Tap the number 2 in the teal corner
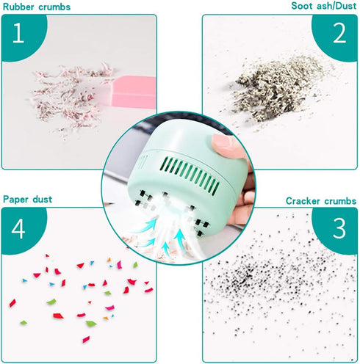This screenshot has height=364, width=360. (339, 33)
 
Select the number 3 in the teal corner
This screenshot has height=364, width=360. (339, 228)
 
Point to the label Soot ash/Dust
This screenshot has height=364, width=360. (324, 6)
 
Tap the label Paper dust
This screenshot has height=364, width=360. (28, 199)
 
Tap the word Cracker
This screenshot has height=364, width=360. (304, 200)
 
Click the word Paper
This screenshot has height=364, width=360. (17, 199)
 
